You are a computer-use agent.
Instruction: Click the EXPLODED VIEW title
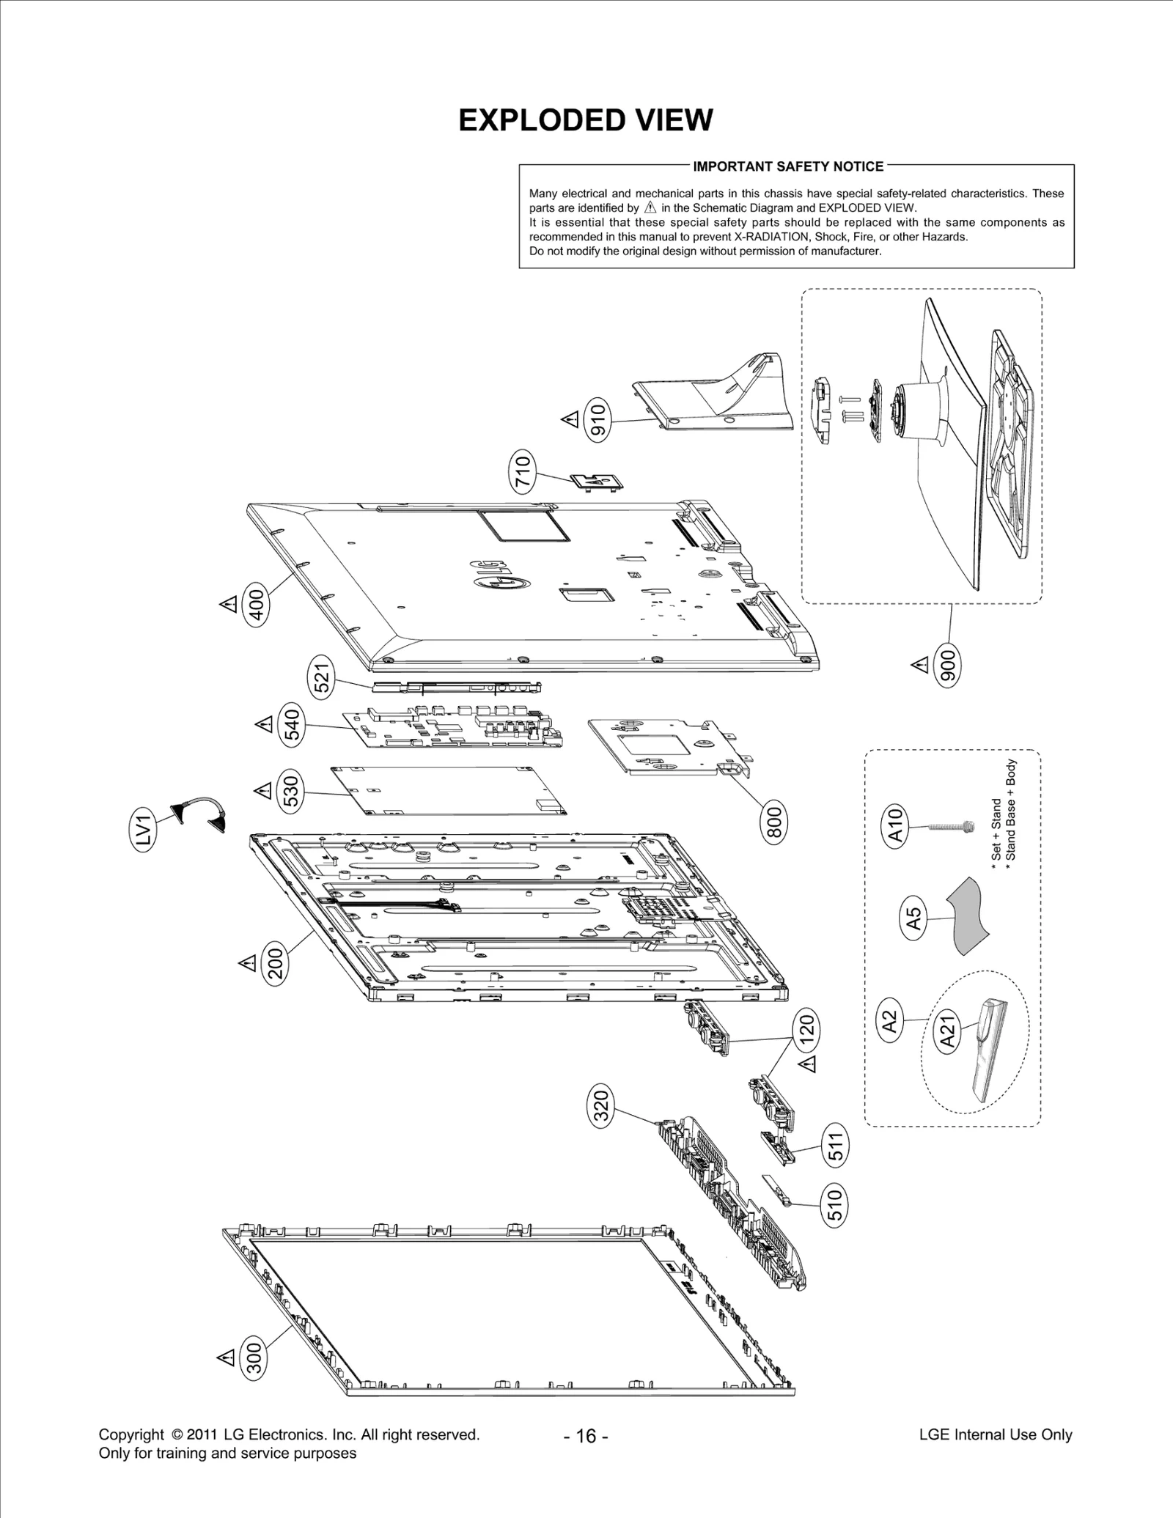click(585, 120)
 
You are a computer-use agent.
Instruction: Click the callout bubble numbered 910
click(598, 420)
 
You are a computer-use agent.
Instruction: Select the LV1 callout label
click(144, 832)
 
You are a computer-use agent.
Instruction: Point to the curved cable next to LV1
click(199, 812)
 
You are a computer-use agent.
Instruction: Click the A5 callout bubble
click(913, 919)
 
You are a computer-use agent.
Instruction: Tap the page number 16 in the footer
click(586, 1436)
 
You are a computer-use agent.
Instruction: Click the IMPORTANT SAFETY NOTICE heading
click(788, 166)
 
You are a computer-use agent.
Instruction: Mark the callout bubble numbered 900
click(948, 667)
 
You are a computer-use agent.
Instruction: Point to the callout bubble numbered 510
click(835, 1206)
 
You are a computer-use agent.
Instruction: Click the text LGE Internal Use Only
click(995, 1434)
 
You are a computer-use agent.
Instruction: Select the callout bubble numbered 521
click(323, 677)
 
